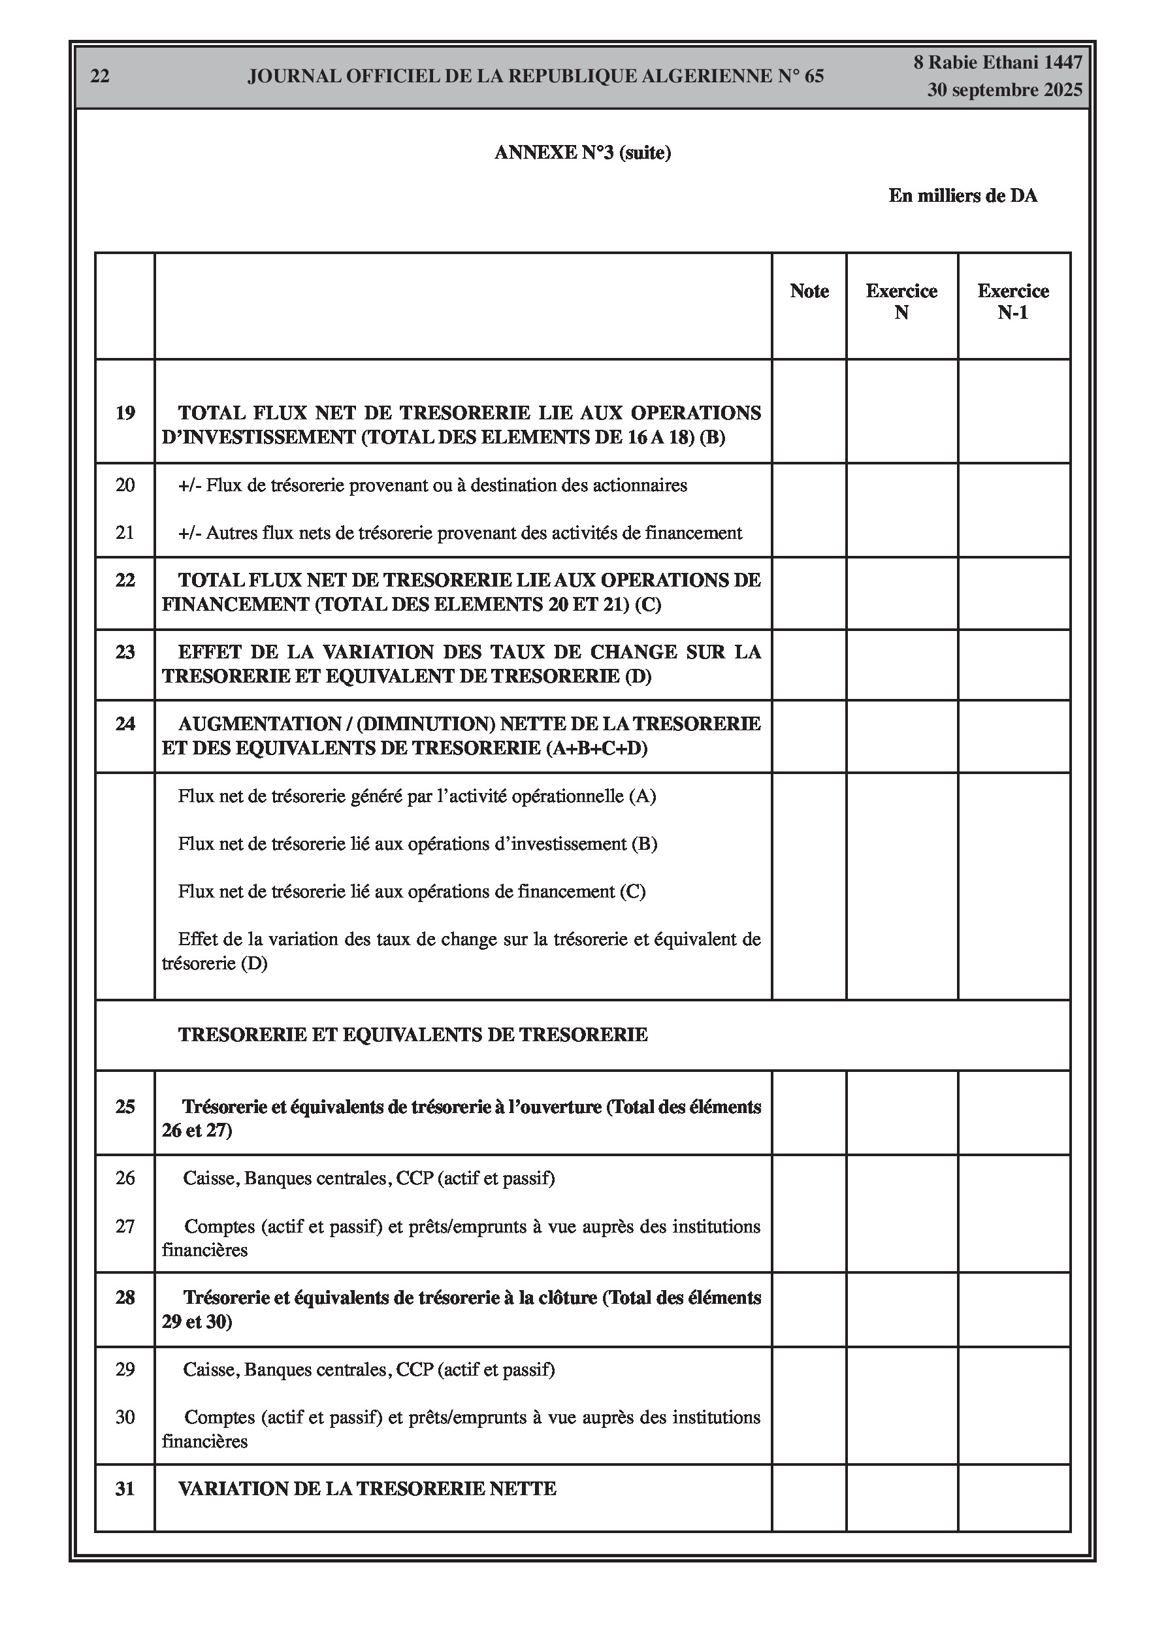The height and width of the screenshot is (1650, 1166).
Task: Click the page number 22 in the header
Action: click(x=100, y=76)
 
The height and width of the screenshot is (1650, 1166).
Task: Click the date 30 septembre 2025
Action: click(x=1004, y=91)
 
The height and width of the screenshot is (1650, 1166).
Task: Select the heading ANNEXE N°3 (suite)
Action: click(x=582, y=152)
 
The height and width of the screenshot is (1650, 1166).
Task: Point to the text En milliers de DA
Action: click(x=963, y=195)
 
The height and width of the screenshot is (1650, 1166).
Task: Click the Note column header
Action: click(x=809, y=291)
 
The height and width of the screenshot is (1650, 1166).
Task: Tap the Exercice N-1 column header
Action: click(x=1013, y=302)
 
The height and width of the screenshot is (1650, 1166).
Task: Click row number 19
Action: click(x=125, y=413)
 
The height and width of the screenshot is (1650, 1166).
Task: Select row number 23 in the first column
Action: click(x=125, y=652)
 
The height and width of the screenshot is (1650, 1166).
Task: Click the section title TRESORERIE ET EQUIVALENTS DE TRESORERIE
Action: click(x=413, y=1035)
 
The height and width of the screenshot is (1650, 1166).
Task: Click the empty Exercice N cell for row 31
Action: click(x=901, y=1498)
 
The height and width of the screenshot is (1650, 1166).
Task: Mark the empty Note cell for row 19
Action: click(x=809, y=412)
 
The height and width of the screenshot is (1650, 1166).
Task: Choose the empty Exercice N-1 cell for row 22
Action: click(x=1013, y=593)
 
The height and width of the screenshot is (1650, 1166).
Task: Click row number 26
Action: click(x=125, y=1178)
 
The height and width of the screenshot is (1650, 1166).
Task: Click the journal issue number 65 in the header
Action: click(x=814, y=76)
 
